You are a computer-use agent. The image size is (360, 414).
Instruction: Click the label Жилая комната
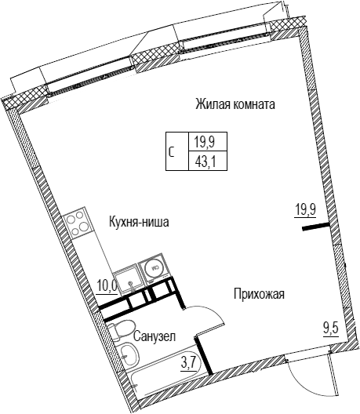pos(235,104)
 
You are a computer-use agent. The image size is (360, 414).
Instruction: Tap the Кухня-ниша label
pos(139,222)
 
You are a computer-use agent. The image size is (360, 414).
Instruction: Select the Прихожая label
pos(259,294)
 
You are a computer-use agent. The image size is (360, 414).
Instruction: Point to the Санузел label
pos(155,336)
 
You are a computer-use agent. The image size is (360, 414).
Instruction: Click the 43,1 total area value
pos(205,161)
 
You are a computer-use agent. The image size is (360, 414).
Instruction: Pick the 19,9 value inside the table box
pos(205,142)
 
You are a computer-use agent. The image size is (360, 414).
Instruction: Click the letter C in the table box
pos(172,153)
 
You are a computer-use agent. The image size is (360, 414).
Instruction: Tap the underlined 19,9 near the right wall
pos(305,211)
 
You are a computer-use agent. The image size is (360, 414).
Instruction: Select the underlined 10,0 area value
pos(107,285)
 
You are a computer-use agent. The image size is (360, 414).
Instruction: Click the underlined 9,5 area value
pos(331,330)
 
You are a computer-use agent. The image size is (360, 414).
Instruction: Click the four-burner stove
pos(78,223)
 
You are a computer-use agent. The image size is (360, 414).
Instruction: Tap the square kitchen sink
pos(129,281)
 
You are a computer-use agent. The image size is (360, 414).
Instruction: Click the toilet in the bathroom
pos(121,329)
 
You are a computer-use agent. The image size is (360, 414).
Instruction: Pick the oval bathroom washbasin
pos(129,354)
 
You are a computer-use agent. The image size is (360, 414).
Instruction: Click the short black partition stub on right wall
pos(315,227)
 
